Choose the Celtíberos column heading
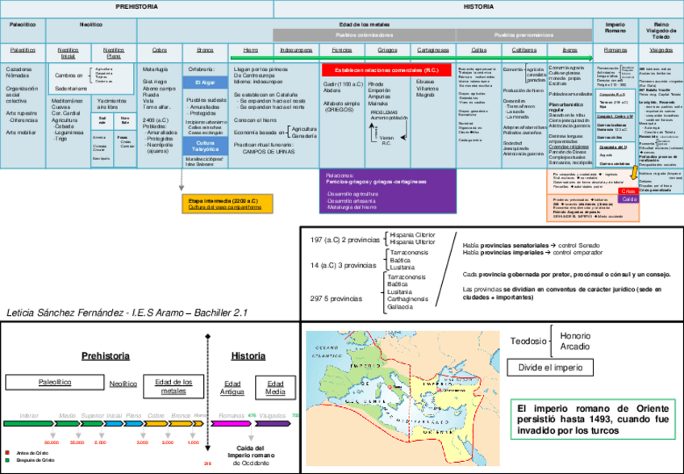point(524,50)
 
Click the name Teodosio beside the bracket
point(530,341)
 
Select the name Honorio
point(576,335)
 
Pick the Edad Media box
point(276,387)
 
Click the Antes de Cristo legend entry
point(25,452)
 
